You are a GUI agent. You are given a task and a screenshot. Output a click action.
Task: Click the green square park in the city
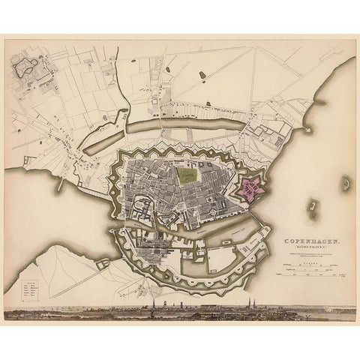tap(187, 175)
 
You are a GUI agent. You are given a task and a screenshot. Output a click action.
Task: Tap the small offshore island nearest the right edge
tap(346, 182)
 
